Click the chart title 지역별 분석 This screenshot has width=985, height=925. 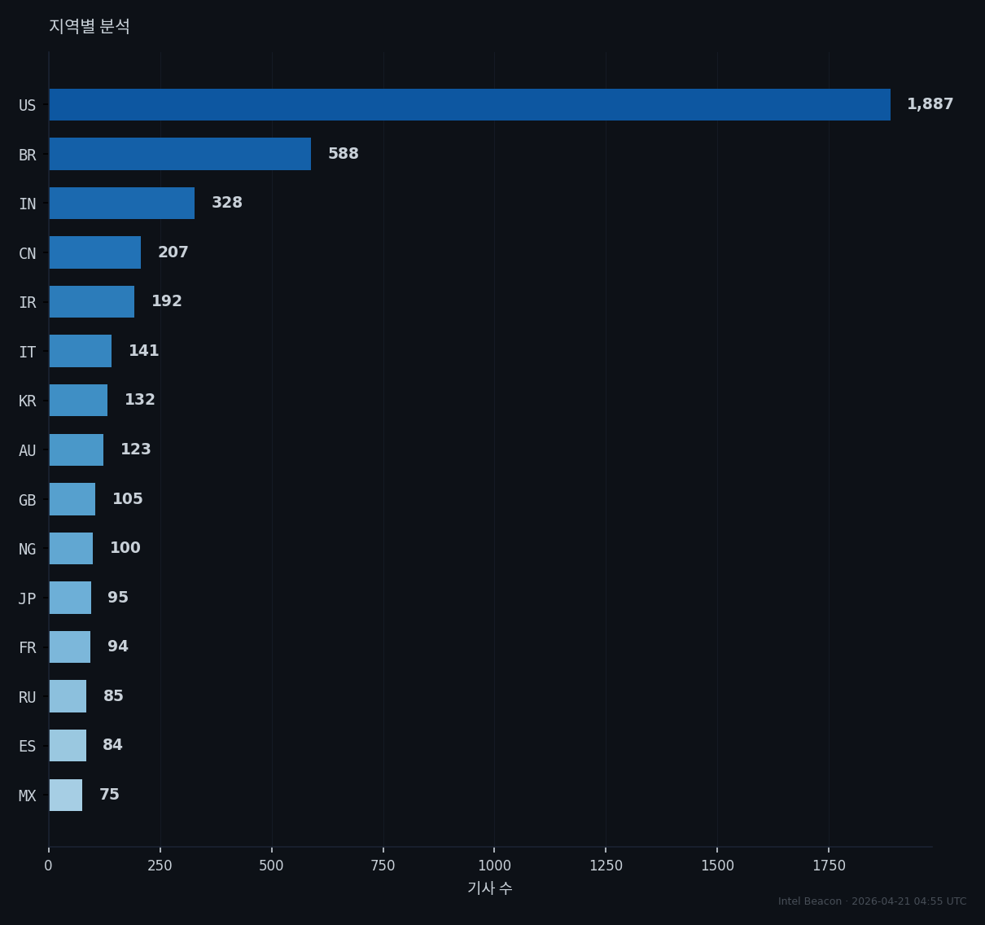pos(90,26)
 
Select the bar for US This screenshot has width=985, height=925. pos(470,105)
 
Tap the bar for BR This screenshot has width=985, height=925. pos(180,154)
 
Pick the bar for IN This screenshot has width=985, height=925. pos(122,203)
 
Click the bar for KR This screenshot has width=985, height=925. pos(78,400)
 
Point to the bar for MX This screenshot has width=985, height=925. pos(66,795)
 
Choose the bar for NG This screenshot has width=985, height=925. pos(71,548)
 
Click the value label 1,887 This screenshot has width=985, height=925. pos(930,104)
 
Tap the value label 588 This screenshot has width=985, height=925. pos(344,154)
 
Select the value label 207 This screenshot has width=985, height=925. pos(173,252)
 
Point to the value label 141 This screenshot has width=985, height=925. pos(144,351)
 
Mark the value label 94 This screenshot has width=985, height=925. pos(118,646)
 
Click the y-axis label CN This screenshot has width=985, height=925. pos(28,253)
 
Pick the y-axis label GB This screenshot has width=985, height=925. pos(28,500)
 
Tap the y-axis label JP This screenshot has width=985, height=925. pos(28,599)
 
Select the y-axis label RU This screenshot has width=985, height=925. pos(28,698)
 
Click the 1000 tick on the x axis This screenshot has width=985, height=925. pos(494,866)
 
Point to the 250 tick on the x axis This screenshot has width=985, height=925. pos(160,866)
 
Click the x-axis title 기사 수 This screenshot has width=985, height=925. pos(490,888)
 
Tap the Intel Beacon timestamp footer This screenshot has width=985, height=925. pos(872,901)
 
